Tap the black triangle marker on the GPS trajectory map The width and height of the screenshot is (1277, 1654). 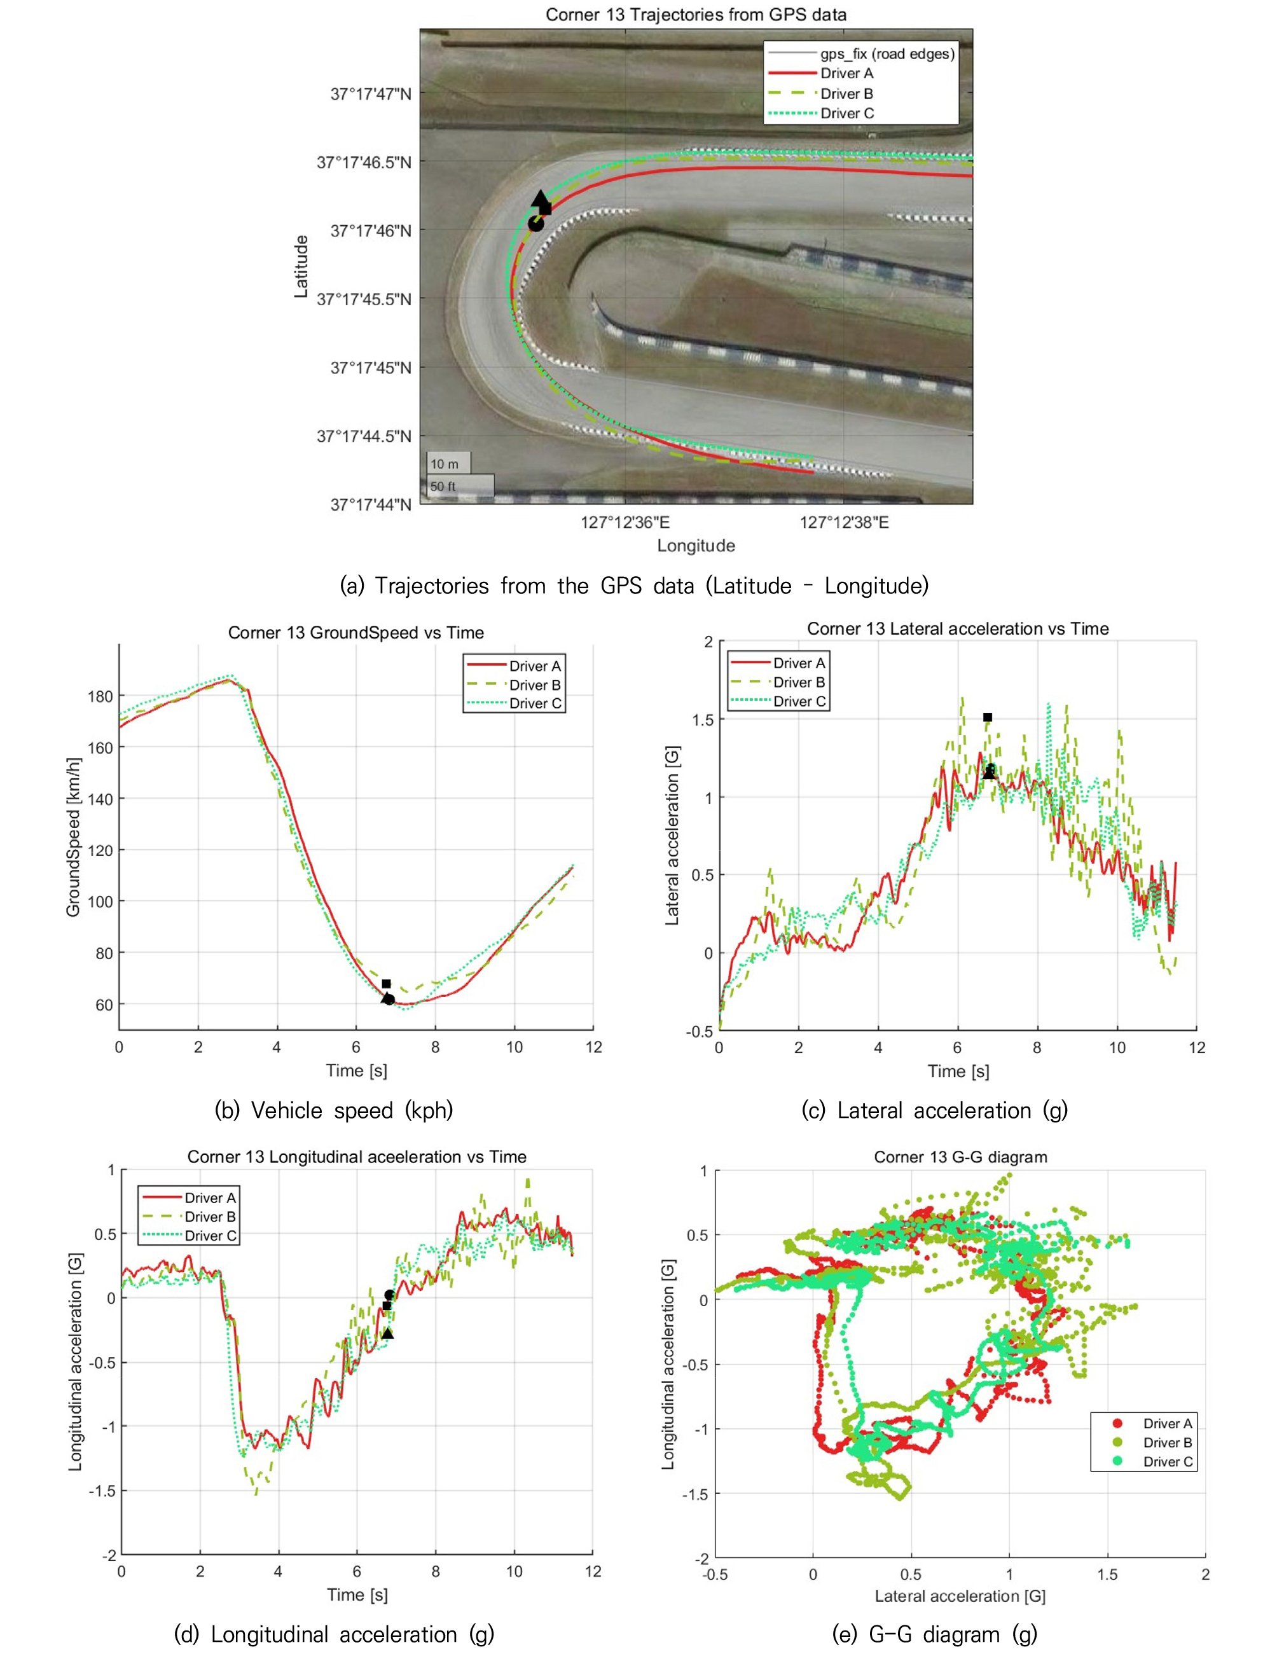[x=539, y=198]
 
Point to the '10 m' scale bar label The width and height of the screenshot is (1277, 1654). [x=445, y=464]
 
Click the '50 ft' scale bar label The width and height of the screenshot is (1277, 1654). [x=443, y=486]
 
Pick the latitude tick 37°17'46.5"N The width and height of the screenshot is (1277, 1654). [x=364, y=163]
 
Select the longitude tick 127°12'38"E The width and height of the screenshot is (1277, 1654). [x=844, y=523]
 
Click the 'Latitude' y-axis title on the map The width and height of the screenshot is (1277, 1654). [x=301, y=266]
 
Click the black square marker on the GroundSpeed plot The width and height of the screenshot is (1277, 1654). [x=386, y=984]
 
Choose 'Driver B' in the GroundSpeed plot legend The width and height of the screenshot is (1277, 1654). [x=535, y=685]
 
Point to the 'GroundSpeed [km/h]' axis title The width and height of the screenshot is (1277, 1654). [x=74, y=837]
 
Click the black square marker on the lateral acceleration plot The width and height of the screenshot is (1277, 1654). [x=988, y=717]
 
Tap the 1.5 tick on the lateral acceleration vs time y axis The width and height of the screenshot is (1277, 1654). [x=703, y=719]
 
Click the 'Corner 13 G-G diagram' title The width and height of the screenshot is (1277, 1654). [x=960, y=1157]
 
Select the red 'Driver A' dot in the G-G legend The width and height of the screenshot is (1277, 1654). [x=1117, y=1423]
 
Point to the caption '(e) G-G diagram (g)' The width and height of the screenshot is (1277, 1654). [x=935, y=1634]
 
